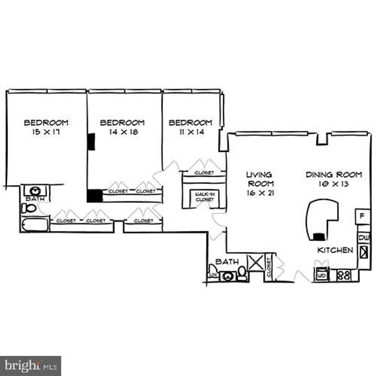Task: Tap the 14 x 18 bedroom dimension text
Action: (x=122, y=132)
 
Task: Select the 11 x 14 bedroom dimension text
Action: (x=190, y=132)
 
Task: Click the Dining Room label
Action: (x=334, y=175)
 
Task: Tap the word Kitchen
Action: (x=335, y=250)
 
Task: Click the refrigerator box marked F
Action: (x=363, y=215)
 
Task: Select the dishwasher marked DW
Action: (x=363, y=238)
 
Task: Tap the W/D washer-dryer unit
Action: (x=322, y=275)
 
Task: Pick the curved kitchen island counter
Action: (x=321, y=218)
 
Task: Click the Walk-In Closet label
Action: (x=205, y=197)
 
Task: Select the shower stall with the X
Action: (x=256, y=262)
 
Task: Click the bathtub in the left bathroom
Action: (x=35, y=225)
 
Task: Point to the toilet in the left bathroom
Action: (x=29, y=209)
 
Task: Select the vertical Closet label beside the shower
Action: (x=269, y=268)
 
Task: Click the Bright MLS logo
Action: (x=30, y=365)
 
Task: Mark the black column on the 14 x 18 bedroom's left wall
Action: (x=91, y=141)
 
